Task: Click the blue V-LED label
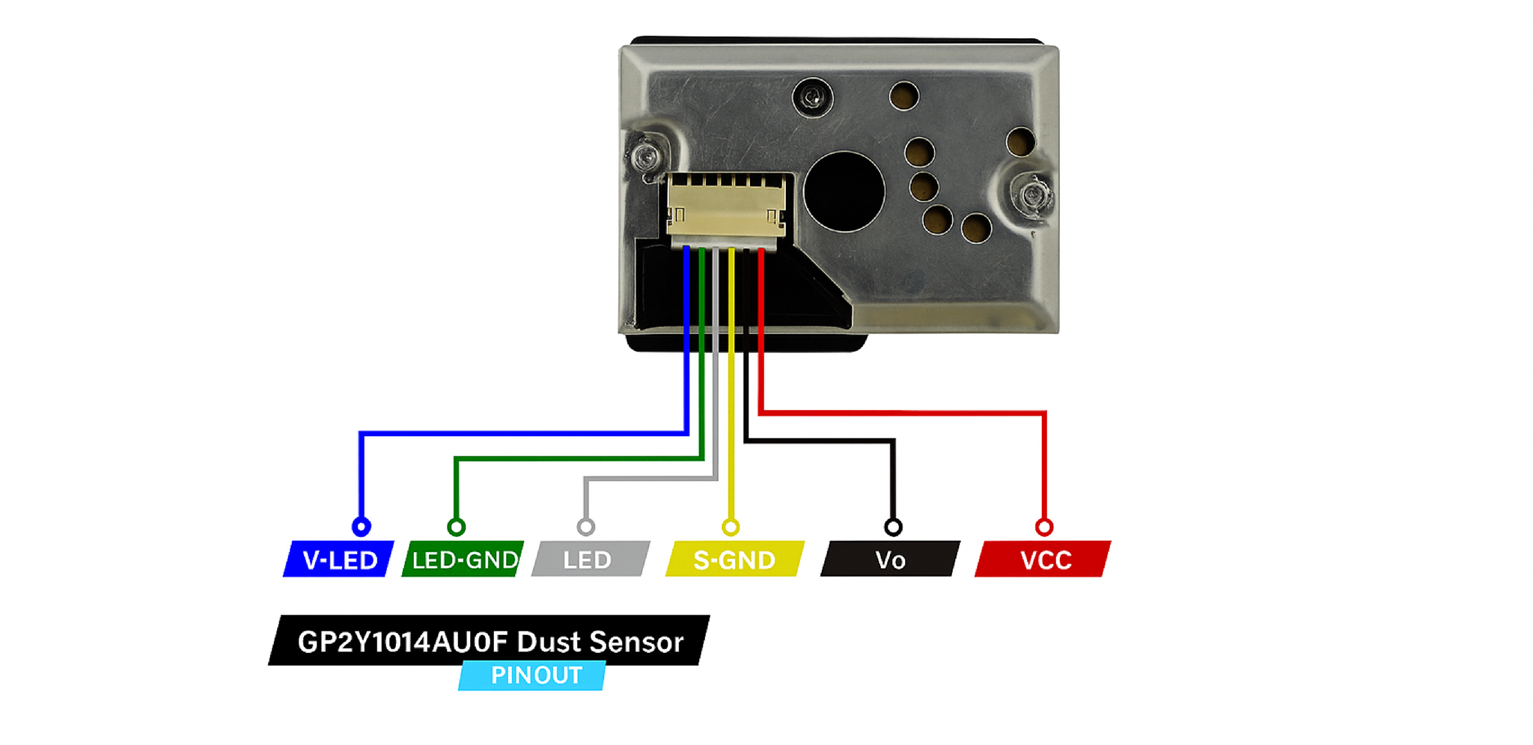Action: [339, 559]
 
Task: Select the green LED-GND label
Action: [463, 559]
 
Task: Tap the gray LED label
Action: [589, 559]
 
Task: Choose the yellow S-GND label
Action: [734, 559]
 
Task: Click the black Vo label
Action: [890, 559]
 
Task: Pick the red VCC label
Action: [1044, 559]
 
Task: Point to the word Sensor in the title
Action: [636, 642]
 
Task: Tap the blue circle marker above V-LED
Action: [361, 527]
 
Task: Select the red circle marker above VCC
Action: [1044, 527]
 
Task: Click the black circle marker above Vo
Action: [893, 527]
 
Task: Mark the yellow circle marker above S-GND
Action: [731, 527]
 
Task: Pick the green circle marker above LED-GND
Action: [456, 527]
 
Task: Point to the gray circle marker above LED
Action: [585, 527]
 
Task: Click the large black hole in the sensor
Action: [844, 191]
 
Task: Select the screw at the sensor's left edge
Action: [645, 156]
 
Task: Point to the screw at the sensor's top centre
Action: [812, 97]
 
